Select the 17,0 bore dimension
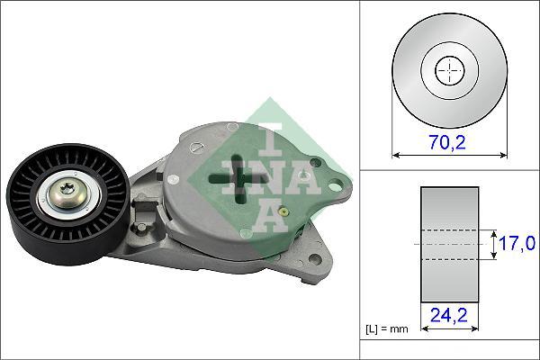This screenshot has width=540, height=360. click(x=519, y=244)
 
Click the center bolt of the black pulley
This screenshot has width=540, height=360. click(x=69, y=190)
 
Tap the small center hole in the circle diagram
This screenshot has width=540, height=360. click(x=448, y=70)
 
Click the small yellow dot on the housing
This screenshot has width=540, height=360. click(x=285, y=212)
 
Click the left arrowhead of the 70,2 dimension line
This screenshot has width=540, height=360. click(x=397, y=156)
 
